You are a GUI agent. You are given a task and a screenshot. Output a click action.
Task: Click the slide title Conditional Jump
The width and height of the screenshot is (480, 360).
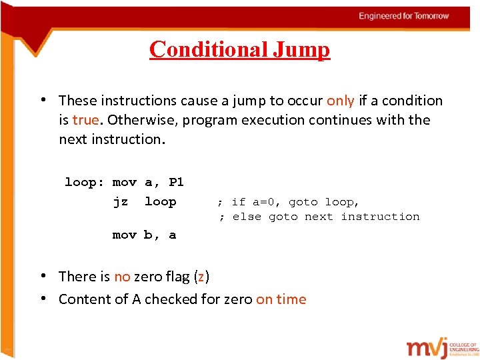point(239,49)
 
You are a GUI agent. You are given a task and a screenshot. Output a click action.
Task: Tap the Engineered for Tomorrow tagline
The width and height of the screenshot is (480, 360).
point(404,16)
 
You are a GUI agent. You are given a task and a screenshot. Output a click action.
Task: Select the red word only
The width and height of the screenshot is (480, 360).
point(340,101)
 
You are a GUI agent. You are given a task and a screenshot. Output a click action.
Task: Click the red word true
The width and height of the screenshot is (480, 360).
point(85,120)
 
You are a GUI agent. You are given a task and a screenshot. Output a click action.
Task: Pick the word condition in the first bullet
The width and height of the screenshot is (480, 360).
point(410,101)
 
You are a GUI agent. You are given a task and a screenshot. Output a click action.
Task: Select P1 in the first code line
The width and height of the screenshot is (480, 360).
point(176,182)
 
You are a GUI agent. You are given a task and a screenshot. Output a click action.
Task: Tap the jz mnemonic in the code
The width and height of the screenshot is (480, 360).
point(120,201)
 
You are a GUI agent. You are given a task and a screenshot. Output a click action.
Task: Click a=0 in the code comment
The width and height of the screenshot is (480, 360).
point(265,202)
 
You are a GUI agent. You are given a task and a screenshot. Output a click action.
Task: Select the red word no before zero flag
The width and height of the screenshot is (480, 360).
point(122,277)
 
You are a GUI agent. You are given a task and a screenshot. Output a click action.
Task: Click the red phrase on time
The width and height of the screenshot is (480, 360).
point(281,299)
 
